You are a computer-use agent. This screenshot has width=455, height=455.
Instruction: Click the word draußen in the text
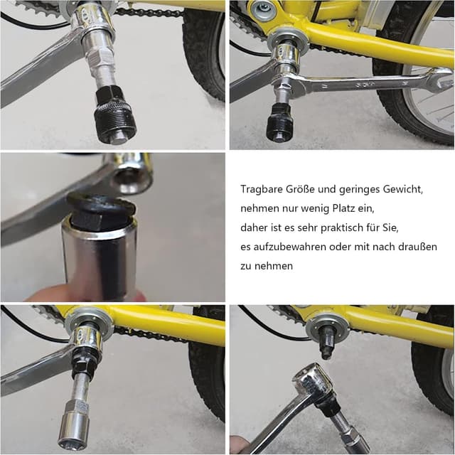click(417, 247)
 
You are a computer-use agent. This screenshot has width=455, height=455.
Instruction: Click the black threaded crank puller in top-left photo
click(115, 115)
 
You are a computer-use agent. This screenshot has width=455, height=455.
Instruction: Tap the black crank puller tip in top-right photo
click(279, 123)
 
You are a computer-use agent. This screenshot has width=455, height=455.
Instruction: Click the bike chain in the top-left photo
click(149, 12)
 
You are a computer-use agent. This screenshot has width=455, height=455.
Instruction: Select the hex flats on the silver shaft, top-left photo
click(100, 58)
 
